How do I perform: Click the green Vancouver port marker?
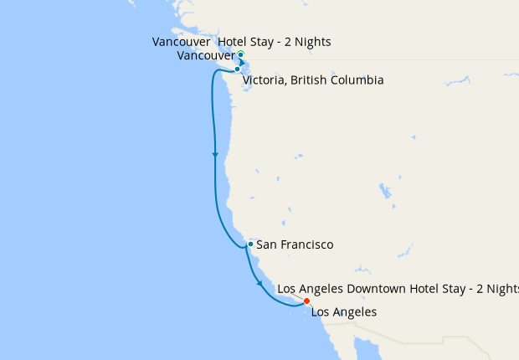[x=240, y=54]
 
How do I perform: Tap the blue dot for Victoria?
[x=238, y=69]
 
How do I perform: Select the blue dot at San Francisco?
[x=250, y=244]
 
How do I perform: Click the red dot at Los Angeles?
[x=306, y=301]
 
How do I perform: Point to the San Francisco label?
[x=295, y=244]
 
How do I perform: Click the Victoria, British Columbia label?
[x=313, y=80]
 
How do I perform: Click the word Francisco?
[x=306, y=244]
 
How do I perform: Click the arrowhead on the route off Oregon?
[x=215, y=155]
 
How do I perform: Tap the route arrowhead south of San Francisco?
[x=260, y=284]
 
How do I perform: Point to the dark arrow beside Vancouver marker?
[x=243, y=62]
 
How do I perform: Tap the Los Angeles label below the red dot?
[x=344, y=312]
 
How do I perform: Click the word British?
[x=310, y=80]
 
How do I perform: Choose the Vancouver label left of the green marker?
[x=206, y=56]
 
